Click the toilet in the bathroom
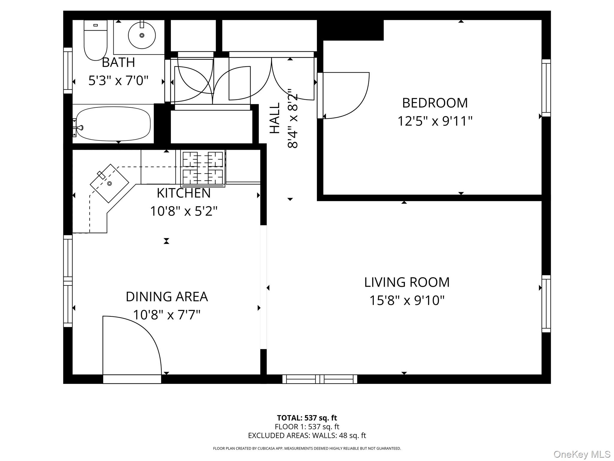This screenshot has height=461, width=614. coord(95,41)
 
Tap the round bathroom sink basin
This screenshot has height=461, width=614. coord(142,35)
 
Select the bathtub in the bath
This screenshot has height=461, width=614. coord(113,124)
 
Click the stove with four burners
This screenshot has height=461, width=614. coord(203,168)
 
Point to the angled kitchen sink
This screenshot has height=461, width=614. coord(109,183)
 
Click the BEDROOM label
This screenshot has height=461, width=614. coord(435,103)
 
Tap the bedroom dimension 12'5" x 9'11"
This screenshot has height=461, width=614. coord(435,121)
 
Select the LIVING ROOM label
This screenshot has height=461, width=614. coord(407,282)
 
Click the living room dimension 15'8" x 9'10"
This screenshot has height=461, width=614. coord(407,300)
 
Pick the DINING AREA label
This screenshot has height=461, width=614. coord(166,297)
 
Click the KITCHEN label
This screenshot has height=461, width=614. coord(183,193)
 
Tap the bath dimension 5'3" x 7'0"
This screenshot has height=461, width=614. coord(118,81)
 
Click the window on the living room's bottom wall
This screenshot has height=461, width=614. coord(320,379)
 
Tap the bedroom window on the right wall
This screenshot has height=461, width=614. coord(546,88)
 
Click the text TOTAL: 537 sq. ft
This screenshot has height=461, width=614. coord(307,418)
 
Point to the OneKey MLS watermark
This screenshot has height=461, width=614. coord(582,454)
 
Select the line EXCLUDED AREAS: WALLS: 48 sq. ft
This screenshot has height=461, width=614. coord(307,435)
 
